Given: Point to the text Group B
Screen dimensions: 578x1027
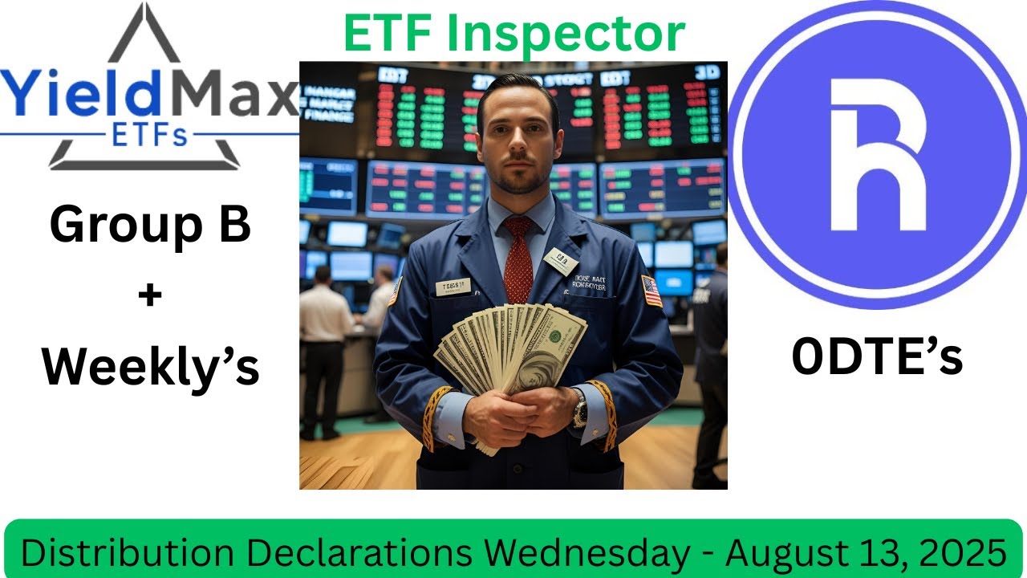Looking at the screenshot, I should coord(150,226).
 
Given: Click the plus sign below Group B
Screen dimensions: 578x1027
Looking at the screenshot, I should coord(150,295).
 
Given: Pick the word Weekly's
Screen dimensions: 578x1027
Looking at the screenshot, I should coord(150,366).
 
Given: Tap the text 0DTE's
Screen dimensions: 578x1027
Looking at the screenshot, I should coord(877,357).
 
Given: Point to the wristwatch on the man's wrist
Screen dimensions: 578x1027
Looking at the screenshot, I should coord(579,408).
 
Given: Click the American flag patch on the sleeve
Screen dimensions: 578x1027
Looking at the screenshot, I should coord(652,291).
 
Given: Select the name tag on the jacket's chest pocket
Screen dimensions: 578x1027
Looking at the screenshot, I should coord(453,287).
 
